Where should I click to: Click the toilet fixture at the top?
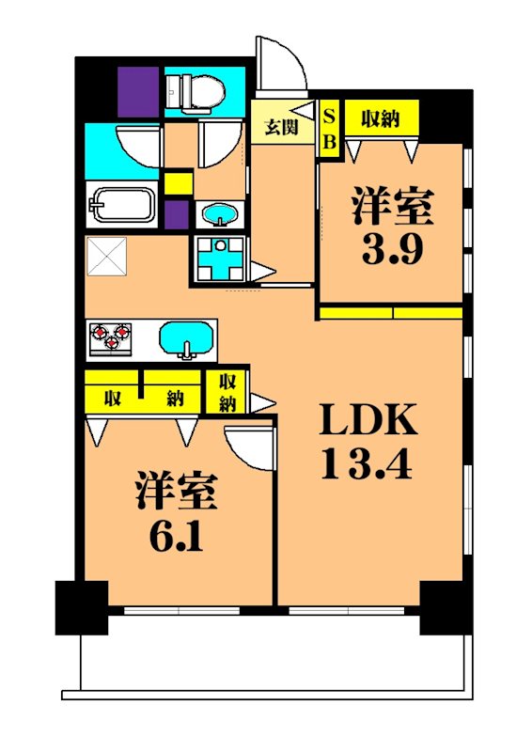196,91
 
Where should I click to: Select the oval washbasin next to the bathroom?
220,213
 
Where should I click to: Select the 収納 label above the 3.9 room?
380,118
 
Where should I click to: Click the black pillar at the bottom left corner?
81,607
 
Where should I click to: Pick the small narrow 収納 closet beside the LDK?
227,392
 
